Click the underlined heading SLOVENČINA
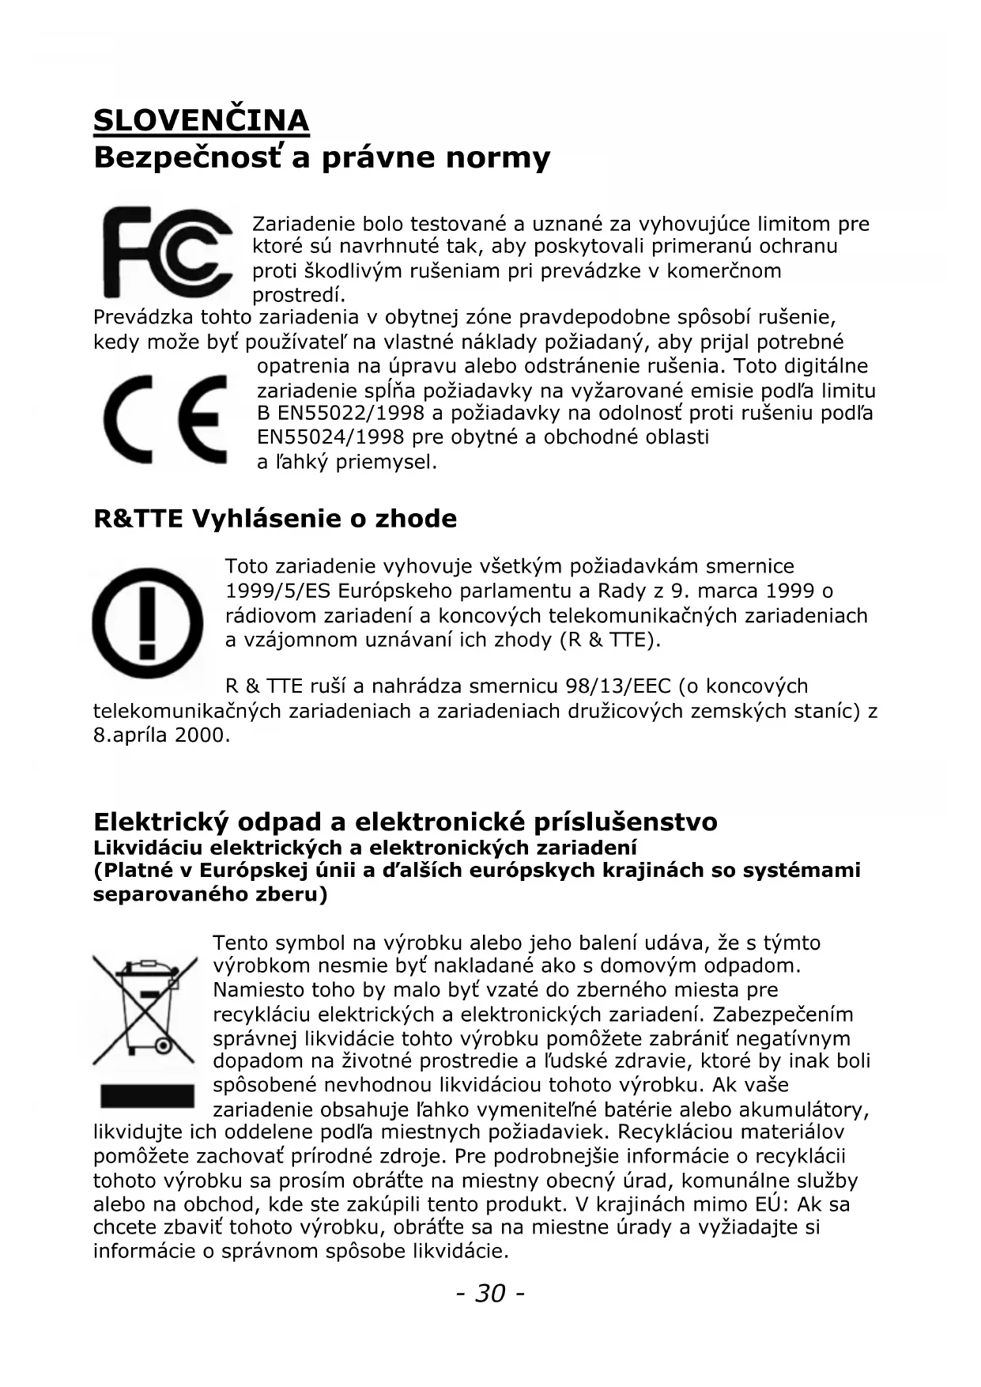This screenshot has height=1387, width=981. point(201,120)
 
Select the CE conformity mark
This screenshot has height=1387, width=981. point(166,419)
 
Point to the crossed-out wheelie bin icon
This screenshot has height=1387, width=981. point(145,1010)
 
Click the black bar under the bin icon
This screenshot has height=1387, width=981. point(147,1095)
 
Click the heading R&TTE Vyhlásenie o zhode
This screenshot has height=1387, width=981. point(275,519)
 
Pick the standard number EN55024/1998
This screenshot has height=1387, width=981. point(330,437)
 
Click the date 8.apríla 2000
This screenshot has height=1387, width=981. point(161,735)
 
